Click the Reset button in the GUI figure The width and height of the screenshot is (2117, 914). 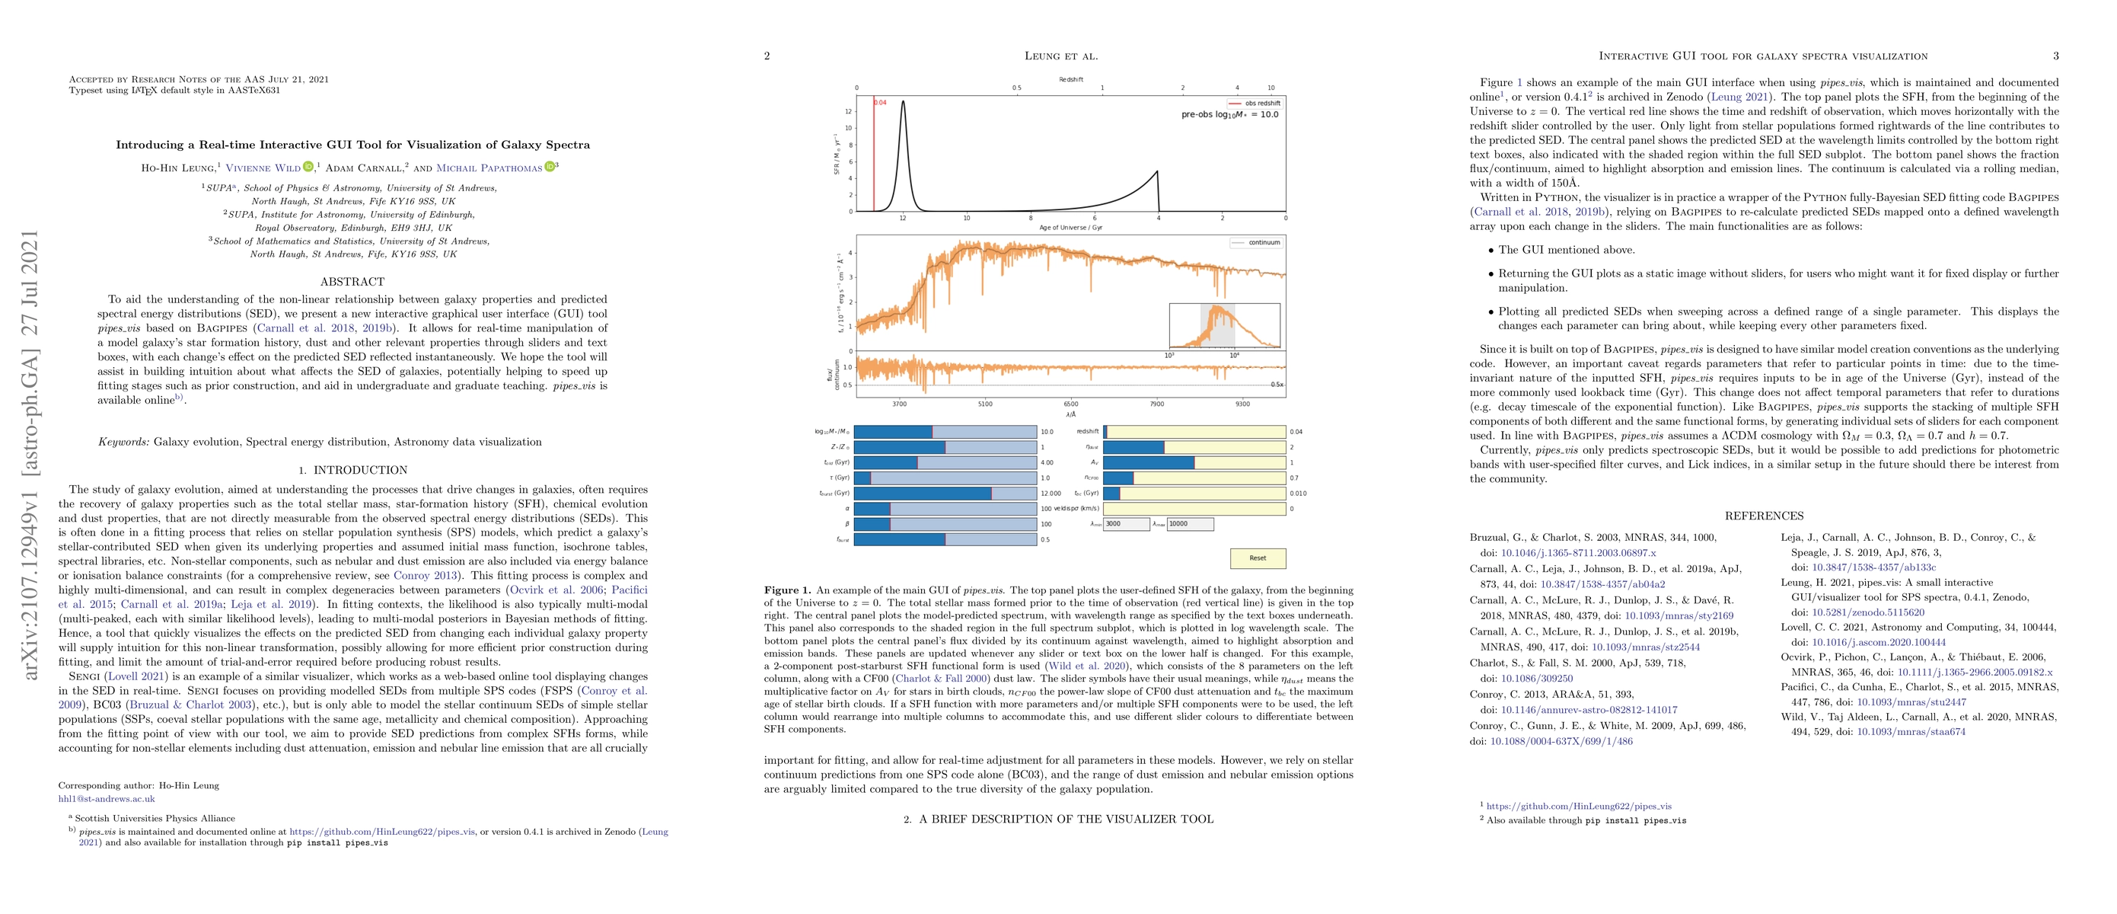1258,558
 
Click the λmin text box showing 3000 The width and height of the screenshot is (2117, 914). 1126,523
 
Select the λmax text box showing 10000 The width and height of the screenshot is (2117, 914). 1189,523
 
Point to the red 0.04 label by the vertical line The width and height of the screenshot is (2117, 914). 880,103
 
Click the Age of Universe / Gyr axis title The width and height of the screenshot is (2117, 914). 1071,228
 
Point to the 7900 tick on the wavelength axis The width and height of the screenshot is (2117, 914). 1156,404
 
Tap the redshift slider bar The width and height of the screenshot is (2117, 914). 1194,432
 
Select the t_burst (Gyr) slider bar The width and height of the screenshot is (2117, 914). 945,493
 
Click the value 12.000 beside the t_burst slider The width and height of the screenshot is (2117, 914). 1051,493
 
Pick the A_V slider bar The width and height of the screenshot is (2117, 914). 1194,463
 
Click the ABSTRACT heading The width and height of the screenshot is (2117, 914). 352,281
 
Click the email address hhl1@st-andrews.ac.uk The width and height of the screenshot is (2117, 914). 106,798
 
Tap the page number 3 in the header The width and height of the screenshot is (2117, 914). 2055,56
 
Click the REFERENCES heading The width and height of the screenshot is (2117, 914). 1764,516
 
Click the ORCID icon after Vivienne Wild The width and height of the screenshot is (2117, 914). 308,168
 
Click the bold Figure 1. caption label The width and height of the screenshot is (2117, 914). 787,590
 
